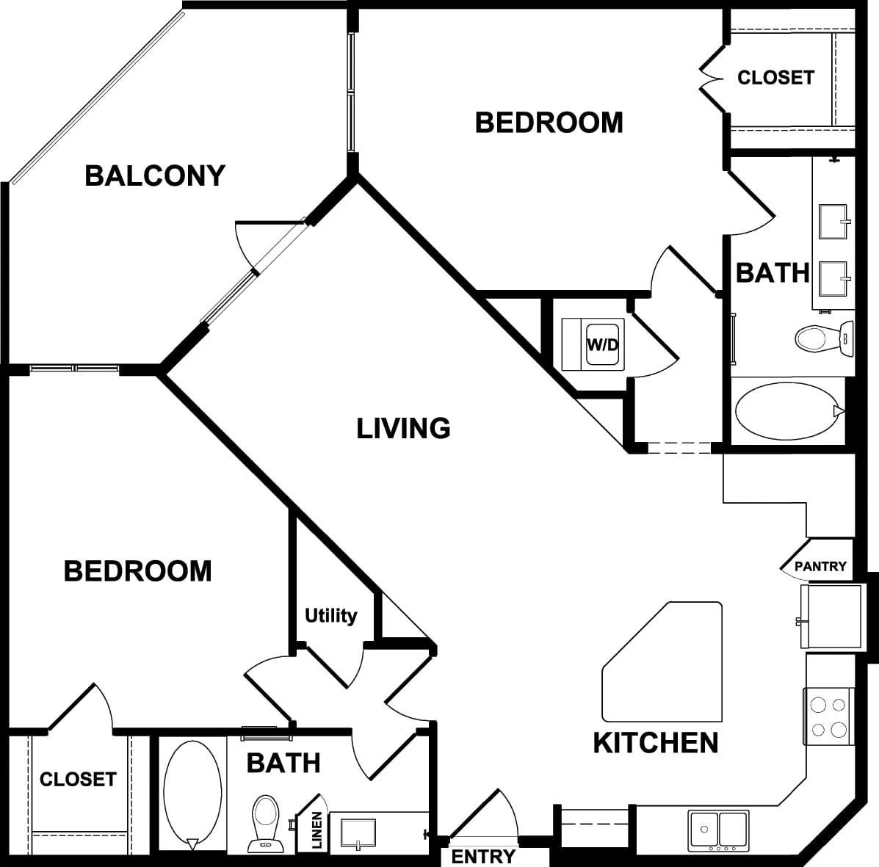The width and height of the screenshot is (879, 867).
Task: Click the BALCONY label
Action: click(x=155, y=176)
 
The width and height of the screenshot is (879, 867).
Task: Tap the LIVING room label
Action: click(x=403, y=428)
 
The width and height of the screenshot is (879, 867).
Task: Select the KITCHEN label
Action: click(x=655, y=743)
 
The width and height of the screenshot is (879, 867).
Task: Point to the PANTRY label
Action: click(x=820, y=567)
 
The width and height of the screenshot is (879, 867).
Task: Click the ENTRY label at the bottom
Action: click(x=482, y=856)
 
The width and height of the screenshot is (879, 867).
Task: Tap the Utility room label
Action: click(x=330, y=615)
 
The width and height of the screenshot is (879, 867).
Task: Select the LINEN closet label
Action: click(x=316, y=830)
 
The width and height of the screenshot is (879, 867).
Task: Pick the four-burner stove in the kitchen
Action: click(x=828, y=717)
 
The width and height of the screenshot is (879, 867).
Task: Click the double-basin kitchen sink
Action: click(x=718, y=830)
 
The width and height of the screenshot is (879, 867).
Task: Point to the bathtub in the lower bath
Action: click(x=192, y=794)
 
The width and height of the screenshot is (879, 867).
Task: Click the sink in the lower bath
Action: click(x=358, y=834)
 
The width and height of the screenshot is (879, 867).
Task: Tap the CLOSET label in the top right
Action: click(x=775, y=78)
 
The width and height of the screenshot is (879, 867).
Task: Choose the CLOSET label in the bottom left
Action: click(x=78, y=779)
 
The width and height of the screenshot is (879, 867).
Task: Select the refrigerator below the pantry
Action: click(x=832, y=617)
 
